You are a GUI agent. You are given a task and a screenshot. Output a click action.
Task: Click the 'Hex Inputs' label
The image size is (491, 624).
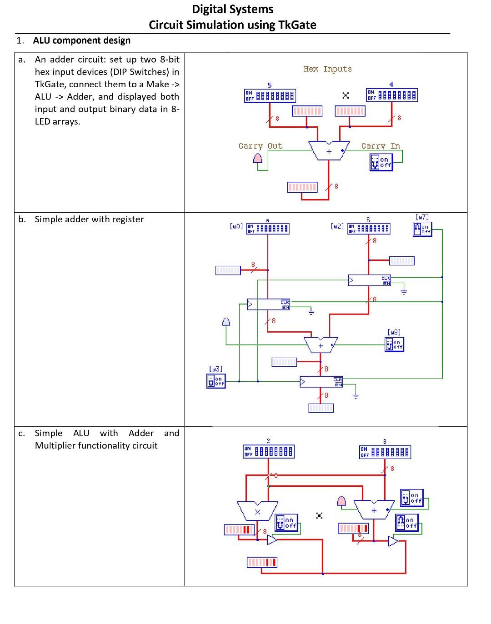pyautogui.click(x=327, y=69)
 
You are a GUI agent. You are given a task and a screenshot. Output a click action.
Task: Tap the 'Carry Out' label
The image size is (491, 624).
pyautogui.click(x=260, y=146)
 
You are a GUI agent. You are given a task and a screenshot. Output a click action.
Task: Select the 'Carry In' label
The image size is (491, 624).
pyautogui.click(x=380, y=146)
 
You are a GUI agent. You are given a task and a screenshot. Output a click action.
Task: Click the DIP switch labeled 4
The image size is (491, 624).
pyautogui.click(x=391, y=95)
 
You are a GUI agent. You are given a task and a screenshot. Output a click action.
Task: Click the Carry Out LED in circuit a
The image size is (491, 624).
pyautogui.click(x=258, y=158)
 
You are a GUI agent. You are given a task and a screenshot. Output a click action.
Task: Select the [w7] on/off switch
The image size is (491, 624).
pyautogui.click(x=422, y=229)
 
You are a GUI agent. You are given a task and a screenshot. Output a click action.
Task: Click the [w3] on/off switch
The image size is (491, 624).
pyautogui.click(x=215, y=381)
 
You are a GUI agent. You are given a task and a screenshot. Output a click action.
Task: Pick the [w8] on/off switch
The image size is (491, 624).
pyautogui.click(x=394, y=344)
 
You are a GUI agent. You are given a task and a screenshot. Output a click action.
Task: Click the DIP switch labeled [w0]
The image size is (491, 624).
pyautogui.click(x=268, y=229)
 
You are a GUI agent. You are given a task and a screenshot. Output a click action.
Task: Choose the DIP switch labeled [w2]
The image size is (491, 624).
pyautogui.click(x=369, y=229)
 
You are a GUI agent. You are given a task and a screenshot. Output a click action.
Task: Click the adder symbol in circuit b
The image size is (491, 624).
pyautogui.click(x=321, y=345)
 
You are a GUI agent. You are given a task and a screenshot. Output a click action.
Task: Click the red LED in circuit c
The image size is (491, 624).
pyautogui.click(x=341, y=500)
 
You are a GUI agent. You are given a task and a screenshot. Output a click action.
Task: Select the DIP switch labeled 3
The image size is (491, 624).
pyautogui.click(x=385, y=452)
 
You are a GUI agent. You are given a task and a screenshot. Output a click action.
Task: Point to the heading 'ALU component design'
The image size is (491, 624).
pyautogui.click(x=82, y=40)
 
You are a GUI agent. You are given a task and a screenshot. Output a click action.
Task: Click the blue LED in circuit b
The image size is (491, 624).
pyautogui.click(x=226, y=322)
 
